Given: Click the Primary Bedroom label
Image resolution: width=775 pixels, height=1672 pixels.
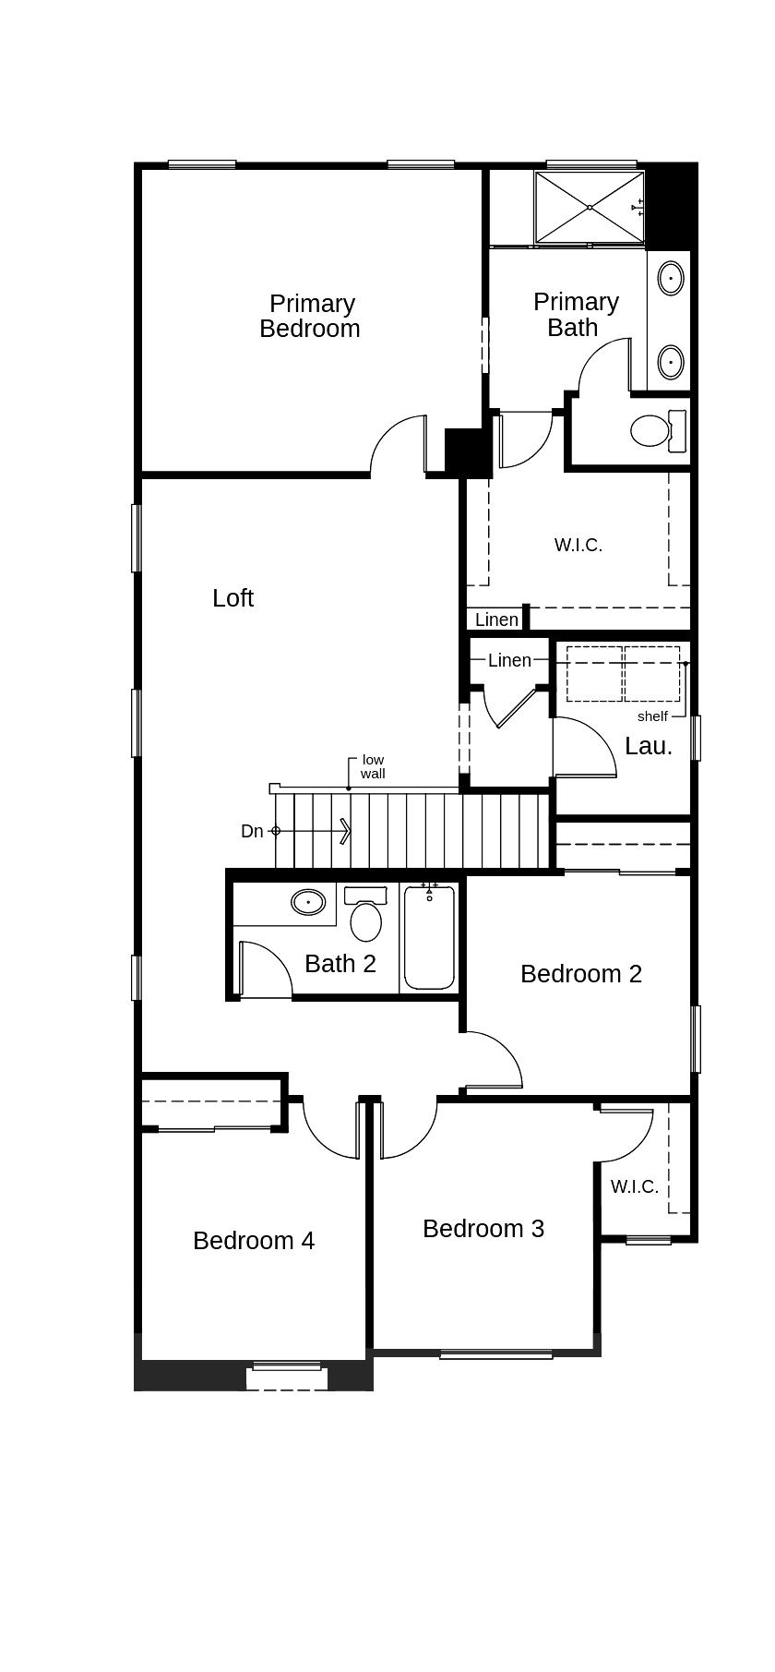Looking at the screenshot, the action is (x=309, y=316).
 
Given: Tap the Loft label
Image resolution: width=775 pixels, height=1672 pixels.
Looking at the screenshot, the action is (x=232, y=598).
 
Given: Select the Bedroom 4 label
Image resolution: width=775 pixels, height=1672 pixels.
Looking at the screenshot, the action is (x=254, y=1241).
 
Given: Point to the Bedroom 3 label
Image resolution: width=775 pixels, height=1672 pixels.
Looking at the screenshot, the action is (x=483, y=1229).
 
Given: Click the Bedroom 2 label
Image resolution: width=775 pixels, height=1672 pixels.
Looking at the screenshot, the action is (x=581, y=974).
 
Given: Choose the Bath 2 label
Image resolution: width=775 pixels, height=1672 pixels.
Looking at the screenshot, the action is (x=340, y=964).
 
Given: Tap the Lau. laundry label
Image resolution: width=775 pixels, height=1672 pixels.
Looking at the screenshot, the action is (x=649, y=747).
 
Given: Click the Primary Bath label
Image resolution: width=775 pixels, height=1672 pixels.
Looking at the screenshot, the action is (x=576, y=315).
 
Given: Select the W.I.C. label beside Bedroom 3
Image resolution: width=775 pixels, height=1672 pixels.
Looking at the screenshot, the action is (x=635, y=1186).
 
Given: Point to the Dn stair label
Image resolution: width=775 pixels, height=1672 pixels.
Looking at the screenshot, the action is (x=252, y=832).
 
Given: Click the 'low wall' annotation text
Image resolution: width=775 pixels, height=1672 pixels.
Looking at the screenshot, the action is (x=373, y=767).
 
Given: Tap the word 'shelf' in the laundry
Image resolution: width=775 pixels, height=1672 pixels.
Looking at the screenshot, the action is (x=652, y=716).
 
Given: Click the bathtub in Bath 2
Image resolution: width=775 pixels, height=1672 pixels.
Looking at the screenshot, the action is (x=429, y=936).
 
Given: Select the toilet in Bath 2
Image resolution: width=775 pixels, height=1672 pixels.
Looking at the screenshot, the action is (x=365, y=913).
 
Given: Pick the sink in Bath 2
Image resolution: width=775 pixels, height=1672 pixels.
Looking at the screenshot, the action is (x=308, y=901).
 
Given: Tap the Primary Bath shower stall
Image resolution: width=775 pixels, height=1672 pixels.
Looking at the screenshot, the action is (x=590, y=208).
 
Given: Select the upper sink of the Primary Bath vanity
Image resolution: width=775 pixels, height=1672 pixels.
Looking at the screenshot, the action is (x=671, y=277).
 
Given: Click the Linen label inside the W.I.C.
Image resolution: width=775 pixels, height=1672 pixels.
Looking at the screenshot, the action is (x=497, y=619).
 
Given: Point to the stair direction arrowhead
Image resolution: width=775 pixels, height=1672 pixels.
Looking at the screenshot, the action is (x=346, y=832).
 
